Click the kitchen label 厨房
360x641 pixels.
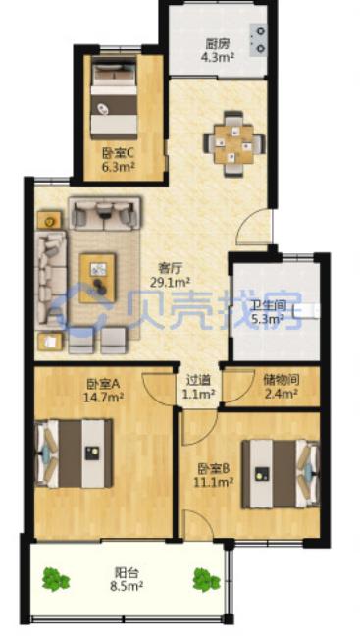pos(217,44)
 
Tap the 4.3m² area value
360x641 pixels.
pos(218,56)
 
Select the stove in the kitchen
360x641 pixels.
pos(258,39)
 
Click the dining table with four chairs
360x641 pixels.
pos(234,144)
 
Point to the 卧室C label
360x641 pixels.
pos(118,154)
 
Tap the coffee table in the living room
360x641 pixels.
pos(97,278)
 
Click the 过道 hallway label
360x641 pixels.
pos(198,380)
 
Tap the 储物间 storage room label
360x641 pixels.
pos(282,380)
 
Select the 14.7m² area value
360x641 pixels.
pos(104,397)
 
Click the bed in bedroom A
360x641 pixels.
pos(75,453)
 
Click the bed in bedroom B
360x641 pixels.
pos(281,474)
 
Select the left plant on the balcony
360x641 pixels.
pos(56,579)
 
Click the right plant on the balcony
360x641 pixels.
pos(206,579)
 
